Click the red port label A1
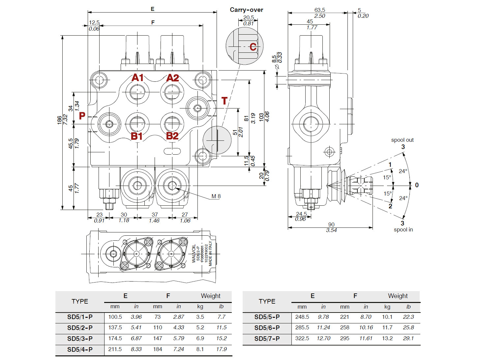pos(137,78)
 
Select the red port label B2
pos(172,136)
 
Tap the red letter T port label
pos(225,101)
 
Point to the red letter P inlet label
pos(82,116)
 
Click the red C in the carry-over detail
pos(253,47)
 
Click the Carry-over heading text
pos(246,10)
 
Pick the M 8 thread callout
pos(216,196)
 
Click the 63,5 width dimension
pos(319,10)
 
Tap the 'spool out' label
pos(402,140)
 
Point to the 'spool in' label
pos(403,230)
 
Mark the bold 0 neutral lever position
pos(417,185)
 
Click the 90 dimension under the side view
pos(331,225)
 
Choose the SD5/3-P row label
pos(80,339)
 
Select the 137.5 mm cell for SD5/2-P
pos(115,328)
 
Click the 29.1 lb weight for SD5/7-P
pos(408,338)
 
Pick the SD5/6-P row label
pos(267,328)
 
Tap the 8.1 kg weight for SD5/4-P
pos(200,349)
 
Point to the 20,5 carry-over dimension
pos(249,17)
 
